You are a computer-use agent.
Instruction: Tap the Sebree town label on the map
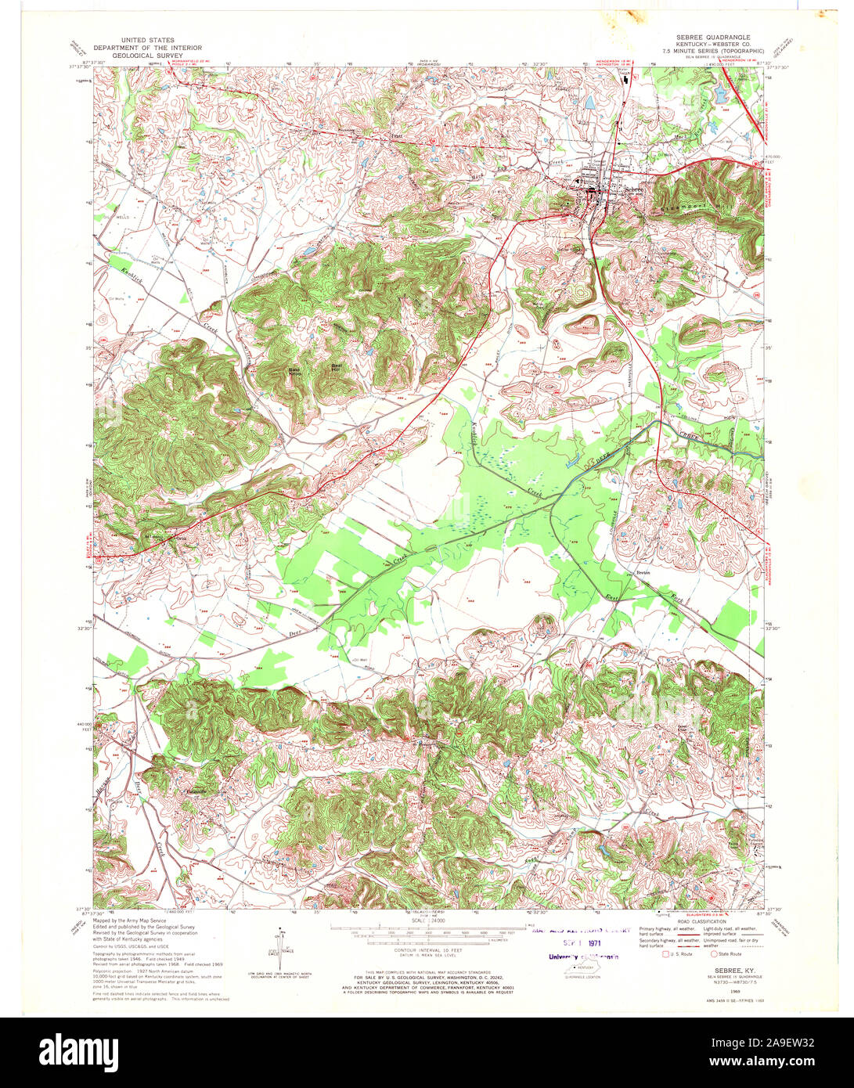[632, 189]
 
